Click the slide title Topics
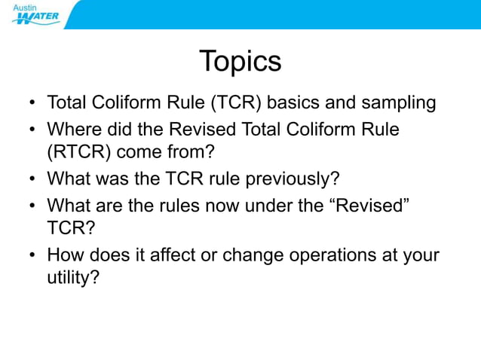click(x=240, y=61)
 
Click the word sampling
click(x=397, y=102)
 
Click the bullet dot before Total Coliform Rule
click(x=32, y=103)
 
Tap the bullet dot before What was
click(x=32, y=180)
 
